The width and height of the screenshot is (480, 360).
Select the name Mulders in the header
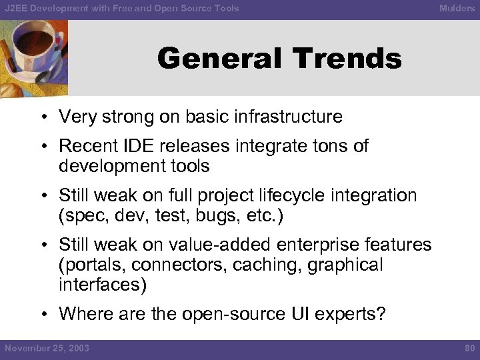point(457,9)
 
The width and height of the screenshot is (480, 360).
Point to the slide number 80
point(469,348)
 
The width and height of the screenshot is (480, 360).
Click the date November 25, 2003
point(47,348)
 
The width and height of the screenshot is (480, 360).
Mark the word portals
point(93,265)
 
